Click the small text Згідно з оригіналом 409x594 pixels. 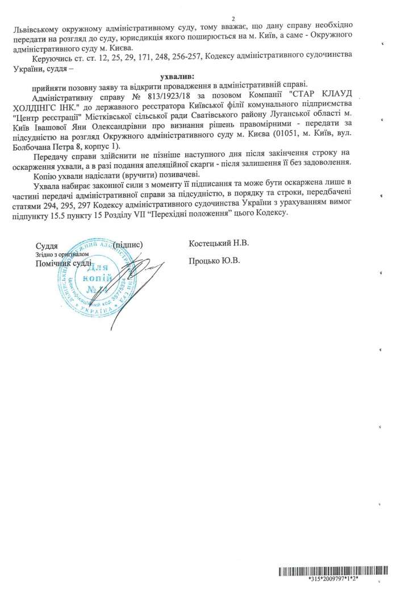[x=58, y=255]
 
